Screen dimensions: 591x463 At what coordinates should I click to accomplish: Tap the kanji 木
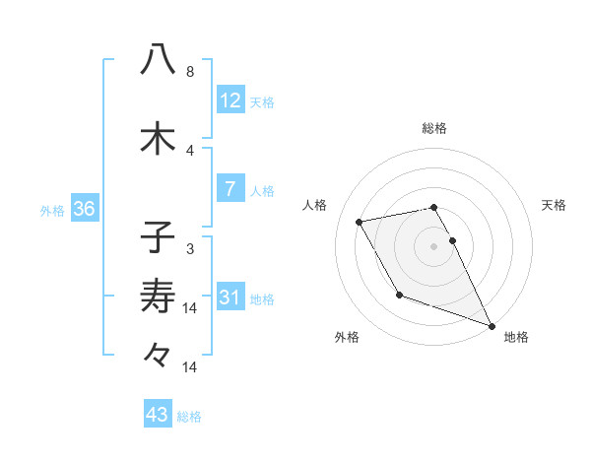[158, 137]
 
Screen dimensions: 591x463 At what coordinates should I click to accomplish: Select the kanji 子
[158, 237]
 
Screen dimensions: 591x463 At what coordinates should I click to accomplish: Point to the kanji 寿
[158, 295]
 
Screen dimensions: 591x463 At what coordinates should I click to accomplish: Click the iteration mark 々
[158, 354]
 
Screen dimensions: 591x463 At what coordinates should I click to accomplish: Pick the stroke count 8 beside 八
[190, 72]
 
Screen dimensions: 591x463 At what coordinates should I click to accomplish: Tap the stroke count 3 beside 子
[190, 249]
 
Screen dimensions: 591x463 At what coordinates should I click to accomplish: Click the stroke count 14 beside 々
[190, 367]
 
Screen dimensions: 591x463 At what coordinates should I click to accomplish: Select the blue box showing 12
[230, 100]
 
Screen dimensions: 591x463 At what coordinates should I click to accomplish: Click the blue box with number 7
[230, 189]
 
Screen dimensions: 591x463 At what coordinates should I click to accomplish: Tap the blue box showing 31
[230, 298]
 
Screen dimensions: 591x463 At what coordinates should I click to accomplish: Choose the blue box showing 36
[84, 209]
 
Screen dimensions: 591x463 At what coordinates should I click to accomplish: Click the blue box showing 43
[158, 416]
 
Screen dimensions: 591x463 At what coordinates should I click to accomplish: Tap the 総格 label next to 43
[189, 417]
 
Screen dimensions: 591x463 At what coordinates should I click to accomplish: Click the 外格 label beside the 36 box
[52, 210]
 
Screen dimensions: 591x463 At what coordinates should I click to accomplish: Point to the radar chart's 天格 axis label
[555, 205]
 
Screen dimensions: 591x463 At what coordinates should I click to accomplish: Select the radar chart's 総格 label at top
[434, 128]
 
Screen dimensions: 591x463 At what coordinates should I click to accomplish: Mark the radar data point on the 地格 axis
[492, 324]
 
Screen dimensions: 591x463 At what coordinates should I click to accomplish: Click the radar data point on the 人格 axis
[360, 222]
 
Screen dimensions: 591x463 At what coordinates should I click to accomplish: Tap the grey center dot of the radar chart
[434, 246]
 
